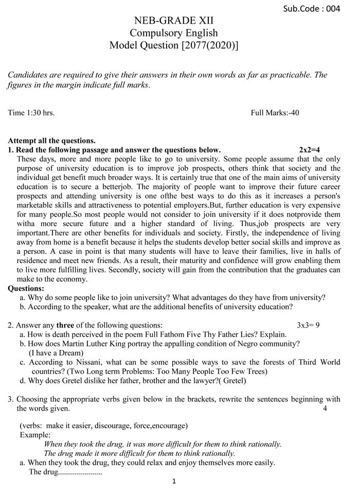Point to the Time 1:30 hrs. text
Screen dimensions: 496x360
[x=31, y=113]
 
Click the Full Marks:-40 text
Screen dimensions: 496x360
[x=275, y=113]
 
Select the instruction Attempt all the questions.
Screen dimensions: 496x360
[x=52, y=140]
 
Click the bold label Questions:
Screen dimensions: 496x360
[x=26, y=288]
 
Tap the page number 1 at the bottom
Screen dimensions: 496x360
[x=174, y=482]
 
